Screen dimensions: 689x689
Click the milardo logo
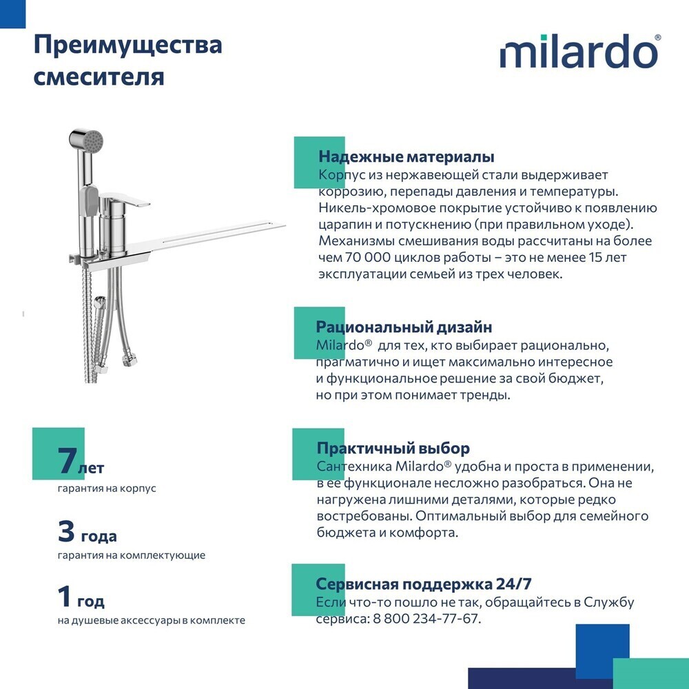[x=579, y=53]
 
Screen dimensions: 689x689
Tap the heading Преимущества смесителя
[x=127, y=60]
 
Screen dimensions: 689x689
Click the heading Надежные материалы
[x=406, y=157]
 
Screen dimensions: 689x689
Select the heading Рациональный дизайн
[x=404, y=327]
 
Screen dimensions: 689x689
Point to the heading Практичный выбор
[x=393, y=449]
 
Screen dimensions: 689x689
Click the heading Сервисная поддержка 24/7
[x=423, y=584]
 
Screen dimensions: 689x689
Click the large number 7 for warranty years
[x=67, y=461]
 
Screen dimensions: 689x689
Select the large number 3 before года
[x=66, y=531]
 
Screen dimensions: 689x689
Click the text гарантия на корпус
[x=107, y=489]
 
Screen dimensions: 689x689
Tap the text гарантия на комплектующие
[x=131, y=555]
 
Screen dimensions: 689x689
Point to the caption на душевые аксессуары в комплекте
[x=151, y=620]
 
